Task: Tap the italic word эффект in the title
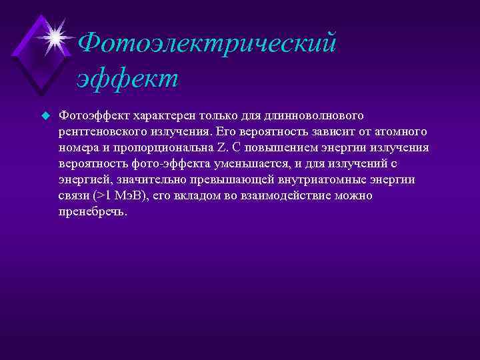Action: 127,77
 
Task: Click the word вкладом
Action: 197,196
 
